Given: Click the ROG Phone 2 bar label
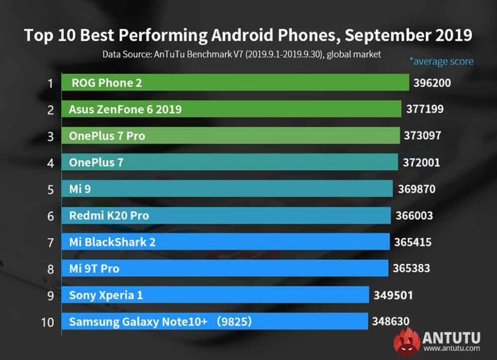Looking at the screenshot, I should pos(107,83).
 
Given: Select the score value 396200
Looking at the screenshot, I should pos(432,83).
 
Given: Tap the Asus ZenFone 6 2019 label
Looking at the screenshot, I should pos(125,109).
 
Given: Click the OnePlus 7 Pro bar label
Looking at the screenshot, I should pos(107,136).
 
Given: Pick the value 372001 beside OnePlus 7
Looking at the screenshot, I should pos(421,163).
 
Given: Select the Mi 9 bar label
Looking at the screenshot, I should pos(80,189).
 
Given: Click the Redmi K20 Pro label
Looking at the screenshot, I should pos(109,216).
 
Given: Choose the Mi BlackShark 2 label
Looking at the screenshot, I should pos(112,242).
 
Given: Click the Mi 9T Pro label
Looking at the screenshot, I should pos(94,269).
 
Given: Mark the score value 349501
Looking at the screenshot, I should pos(393,295).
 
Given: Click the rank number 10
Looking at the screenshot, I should pos(47,322).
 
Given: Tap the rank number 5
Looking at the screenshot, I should pos(50,190).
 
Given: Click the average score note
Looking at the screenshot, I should pos(441,61).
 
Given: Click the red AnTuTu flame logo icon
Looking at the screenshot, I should pos(407,342).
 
